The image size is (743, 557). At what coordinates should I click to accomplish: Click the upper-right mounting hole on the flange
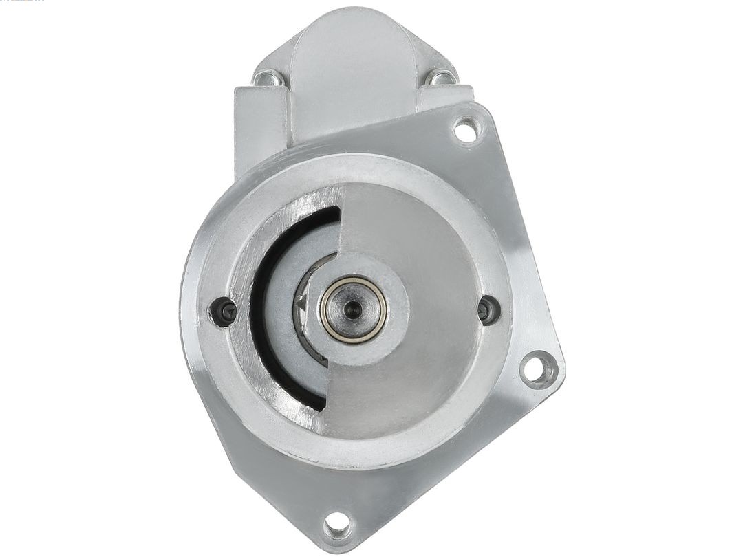466,130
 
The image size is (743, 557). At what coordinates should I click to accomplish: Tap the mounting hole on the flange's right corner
539,369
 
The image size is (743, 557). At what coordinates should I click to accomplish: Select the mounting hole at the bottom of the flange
337,525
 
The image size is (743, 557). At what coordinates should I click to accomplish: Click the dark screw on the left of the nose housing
223,312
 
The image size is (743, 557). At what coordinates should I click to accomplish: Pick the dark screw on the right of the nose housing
488,309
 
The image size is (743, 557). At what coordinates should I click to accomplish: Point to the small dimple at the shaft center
353,308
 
